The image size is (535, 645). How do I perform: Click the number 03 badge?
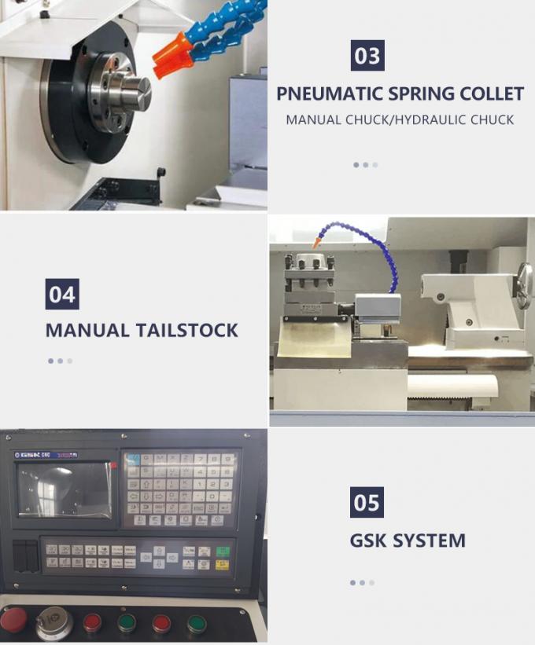367,57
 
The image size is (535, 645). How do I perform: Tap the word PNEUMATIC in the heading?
330,94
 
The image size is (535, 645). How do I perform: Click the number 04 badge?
62,295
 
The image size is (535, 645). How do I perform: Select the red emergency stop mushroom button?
13,620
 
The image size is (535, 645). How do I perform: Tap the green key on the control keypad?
223,551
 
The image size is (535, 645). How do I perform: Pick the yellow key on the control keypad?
223,564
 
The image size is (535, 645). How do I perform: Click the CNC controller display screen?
65,489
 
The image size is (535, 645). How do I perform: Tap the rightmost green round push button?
197,625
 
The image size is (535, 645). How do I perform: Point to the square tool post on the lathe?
309,280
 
